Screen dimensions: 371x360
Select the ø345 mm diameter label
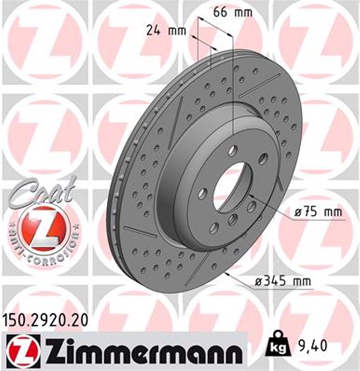pyautogui.click(x=283, y=282)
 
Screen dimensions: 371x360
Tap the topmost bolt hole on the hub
pyautogui.click(x=232, y=150)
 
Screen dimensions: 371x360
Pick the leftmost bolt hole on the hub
pyautogui.click(x=202, y=194)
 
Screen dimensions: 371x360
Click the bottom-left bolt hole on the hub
pyautogui.click(x=214, y=227)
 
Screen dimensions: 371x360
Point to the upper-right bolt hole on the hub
pyautogui.click(x=263, y=159)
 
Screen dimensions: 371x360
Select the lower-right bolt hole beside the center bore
pyautogui.click(x=252, y=206)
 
